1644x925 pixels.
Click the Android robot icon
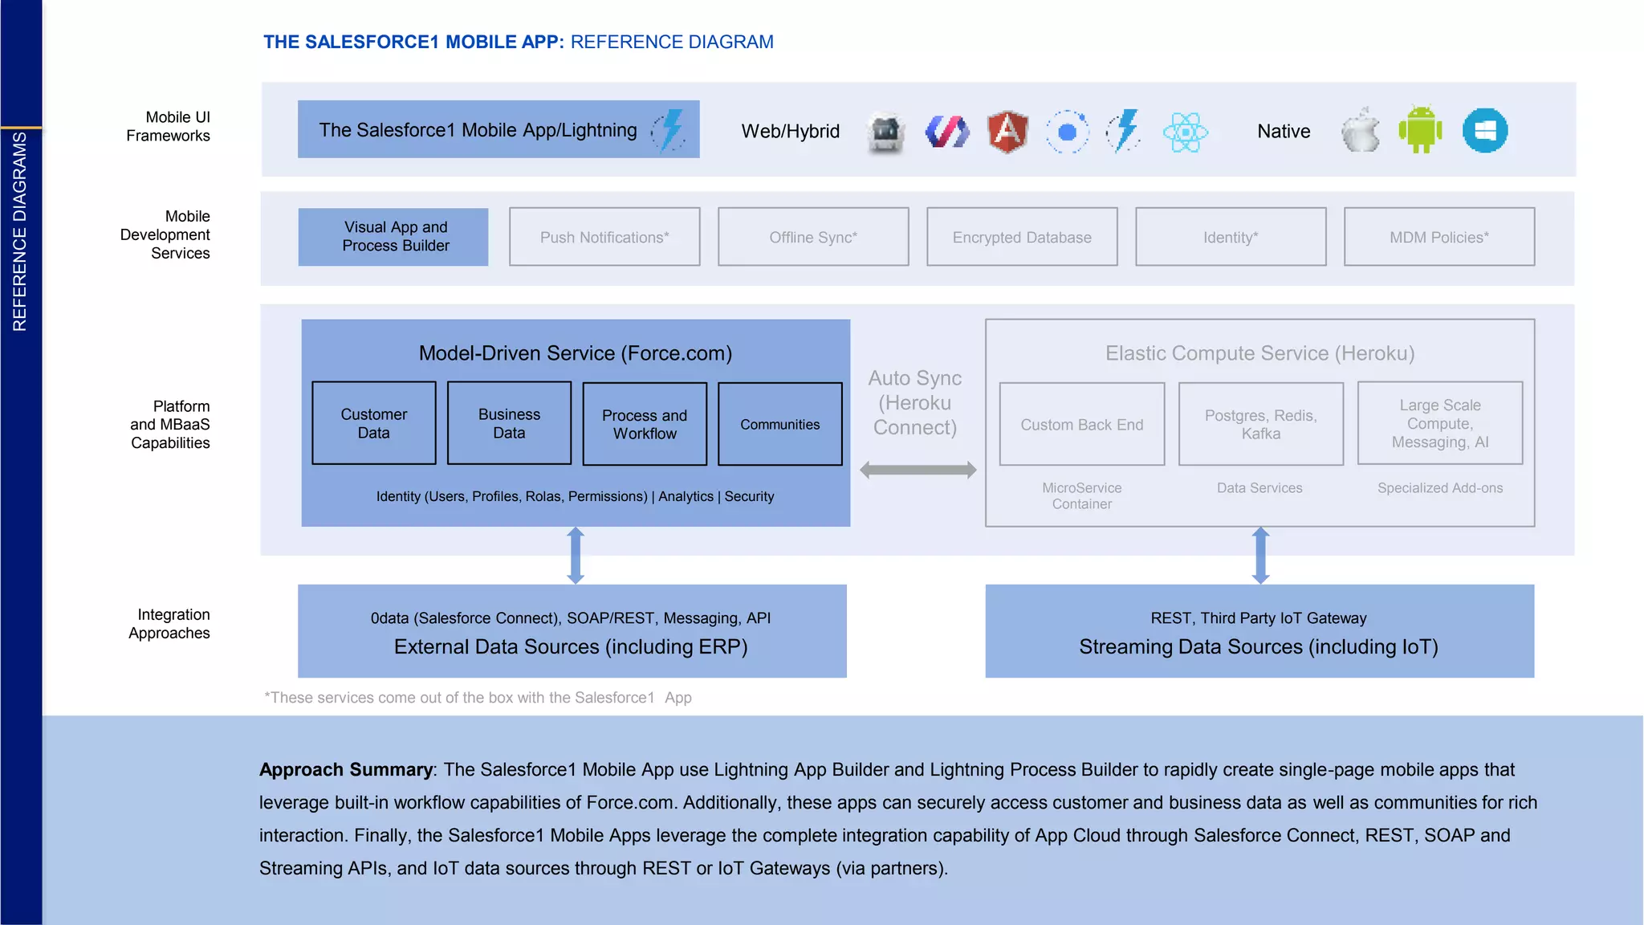point(1420,129)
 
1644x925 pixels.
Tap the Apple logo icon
point(1361,130)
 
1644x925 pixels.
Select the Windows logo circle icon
point(1484,130)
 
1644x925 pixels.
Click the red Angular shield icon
point(1007,131)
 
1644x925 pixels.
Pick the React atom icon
point(1185,132)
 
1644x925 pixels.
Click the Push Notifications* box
point(604,237)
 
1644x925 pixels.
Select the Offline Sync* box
point(813,237)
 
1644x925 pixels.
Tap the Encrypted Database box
point(1022,237)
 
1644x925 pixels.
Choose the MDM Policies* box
point(1439,237)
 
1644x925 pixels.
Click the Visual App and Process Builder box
point(393,237)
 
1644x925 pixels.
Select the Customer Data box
point(374,423)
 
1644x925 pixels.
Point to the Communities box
point(780,424)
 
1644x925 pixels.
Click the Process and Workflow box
point(645,424)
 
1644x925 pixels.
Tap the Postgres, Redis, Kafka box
point(1260,424)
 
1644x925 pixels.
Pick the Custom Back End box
point(1081,424)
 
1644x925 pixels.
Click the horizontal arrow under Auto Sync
point(918,471)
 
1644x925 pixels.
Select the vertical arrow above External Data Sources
point(576,556)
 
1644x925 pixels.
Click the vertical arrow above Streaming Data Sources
point(1260,556)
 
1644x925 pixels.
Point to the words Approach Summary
point(346,770)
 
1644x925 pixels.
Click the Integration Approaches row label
point(169,624)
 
